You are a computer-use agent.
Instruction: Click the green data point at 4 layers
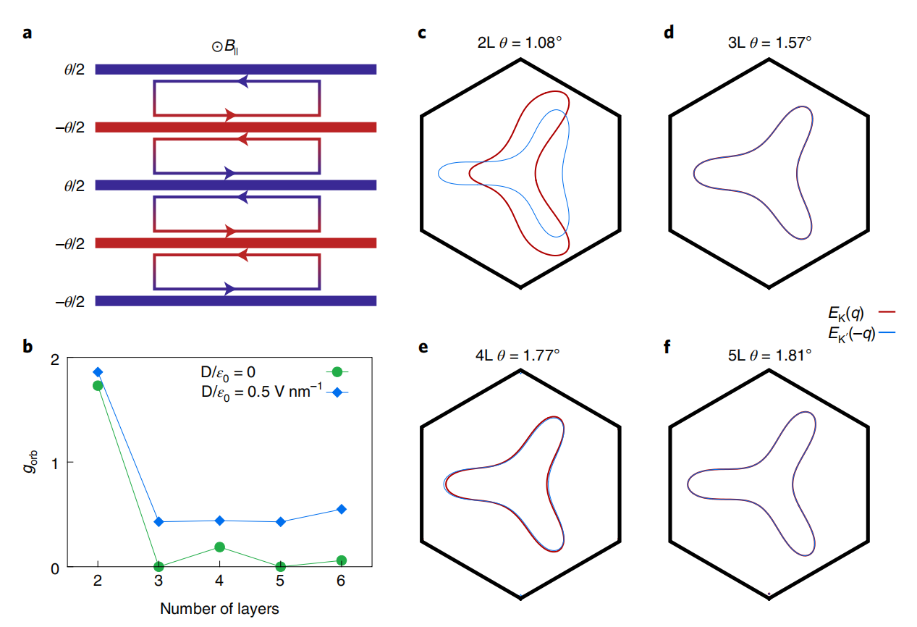(x=219, y=547)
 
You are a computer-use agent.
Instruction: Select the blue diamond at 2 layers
(x=98, y=372)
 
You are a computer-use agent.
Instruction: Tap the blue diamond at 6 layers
(x=342, y=510)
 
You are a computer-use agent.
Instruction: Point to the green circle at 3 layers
(x=159, y=567)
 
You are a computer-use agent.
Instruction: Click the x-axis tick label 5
(x=280, y=581)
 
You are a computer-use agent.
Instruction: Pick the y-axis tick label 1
(x=55, y=464)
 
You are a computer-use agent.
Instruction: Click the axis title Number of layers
(x=219, y=609)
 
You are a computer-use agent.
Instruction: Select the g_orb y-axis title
(x=30, y=461)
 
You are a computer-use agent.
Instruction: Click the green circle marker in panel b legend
(x=337, y=372)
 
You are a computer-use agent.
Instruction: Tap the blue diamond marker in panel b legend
(x=337, y=392)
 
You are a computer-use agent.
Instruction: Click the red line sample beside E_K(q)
(x=887, y=312)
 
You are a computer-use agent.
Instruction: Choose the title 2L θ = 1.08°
(x=520, y=43)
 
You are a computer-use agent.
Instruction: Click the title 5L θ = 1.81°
(x=769, y=355)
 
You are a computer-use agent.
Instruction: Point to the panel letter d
(x=669, y=33)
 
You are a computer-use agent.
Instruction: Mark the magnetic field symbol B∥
(x=225, y=46)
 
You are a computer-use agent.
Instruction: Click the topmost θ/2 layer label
(x=74, y=70)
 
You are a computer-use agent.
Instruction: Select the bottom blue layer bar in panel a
(x=236, y=301)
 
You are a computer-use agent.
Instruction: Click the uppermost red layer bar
(x=236, y=127)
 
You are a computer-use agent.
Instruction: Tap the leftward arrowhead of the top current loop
(x=242, y=81)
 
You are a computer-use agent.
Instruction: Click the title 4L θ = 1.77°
(x=517, y=355)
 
